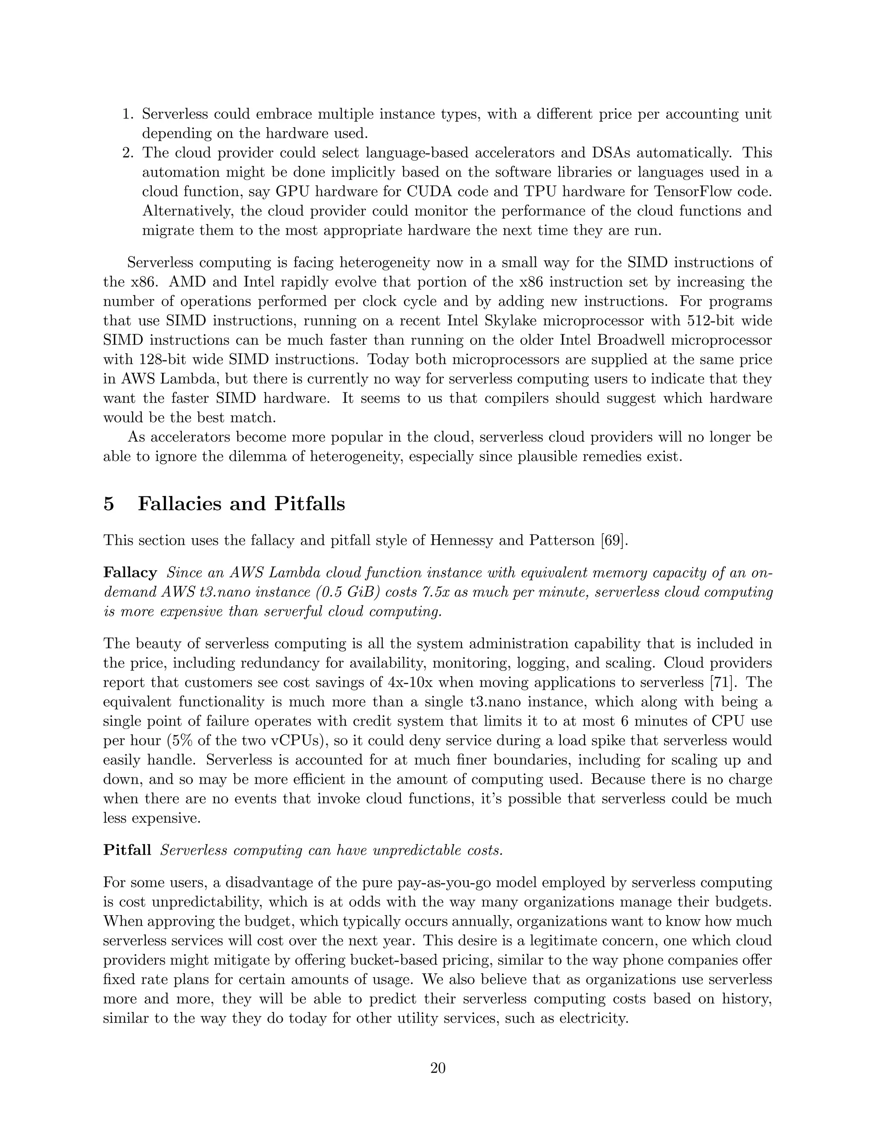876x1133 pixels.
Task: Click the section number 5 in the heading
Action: [109, 504]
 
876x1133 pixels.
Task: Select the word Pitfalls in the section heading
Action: [309, 504]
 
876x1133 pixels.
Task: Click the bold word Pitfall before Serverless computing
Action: [127, 850]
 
